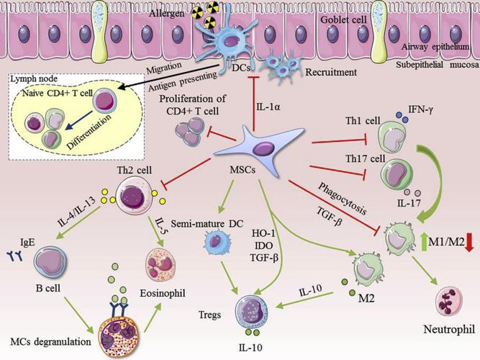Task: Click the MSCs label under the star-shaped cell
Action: tap(243, 169)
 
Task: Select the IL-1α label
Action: tap(268, 107)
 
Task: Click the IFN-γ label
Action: tap(420, 109)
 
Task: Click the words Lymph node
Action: tap(34, 79)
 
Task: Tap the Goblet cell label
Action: tap(343, 20)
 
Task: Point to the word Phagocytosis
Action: tap(343, 199)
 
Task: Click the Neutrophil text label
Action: tap(449, 330)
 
